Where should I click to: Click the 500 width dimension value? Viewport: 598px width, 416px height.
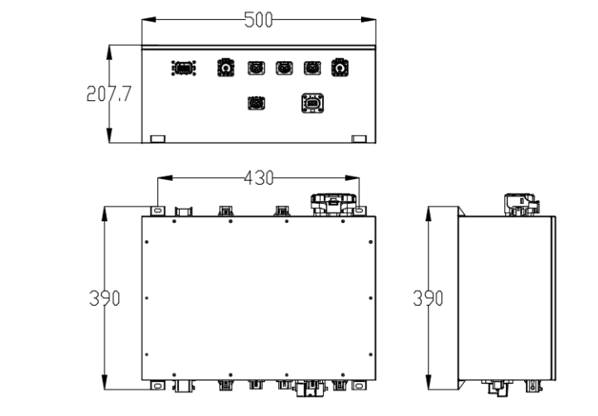[x=258, y=21]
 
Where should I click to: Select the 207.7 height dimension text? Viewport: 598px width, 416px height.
[x=108, y=94]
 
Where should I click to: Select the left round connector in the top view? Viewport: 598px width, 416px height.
[x=224, y=67]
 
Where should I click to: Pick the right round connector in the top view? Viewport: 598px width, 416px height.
[x=340, y=67]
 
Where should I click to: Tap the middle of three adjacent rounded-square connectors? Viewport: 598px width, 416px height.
[x=284, y=67]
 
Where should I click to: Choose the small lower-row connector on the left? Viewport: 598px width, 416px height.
[x=255, y=104]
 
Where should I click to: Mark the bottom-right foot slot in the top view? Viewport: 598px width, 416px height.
[x=359, y=138]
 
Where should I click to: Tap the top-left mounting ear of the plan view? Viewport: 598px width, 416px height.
[x=157, y=210]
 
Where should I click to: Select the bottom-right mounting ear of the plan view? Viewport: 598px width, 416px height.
[x=359, y=385]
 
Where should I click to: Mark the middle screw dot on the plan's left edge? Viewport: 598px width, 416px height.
[x=147, y=297]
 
